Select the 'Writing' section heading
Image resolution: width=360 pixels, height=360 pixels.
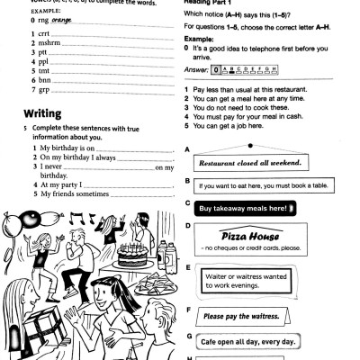coord(46,115)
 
